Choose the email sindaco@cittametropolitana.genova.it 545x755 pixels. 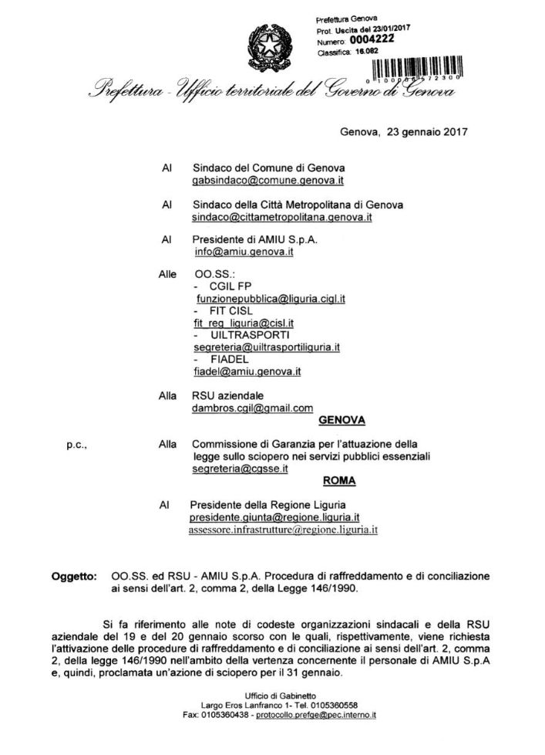[282, 218]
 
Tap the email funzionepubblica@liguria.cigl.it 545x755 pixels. [270, 297]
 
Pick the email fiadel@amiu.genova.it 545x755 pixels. [247, 371]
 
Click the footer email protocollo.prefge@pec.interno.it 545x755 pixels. [315, 716]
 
